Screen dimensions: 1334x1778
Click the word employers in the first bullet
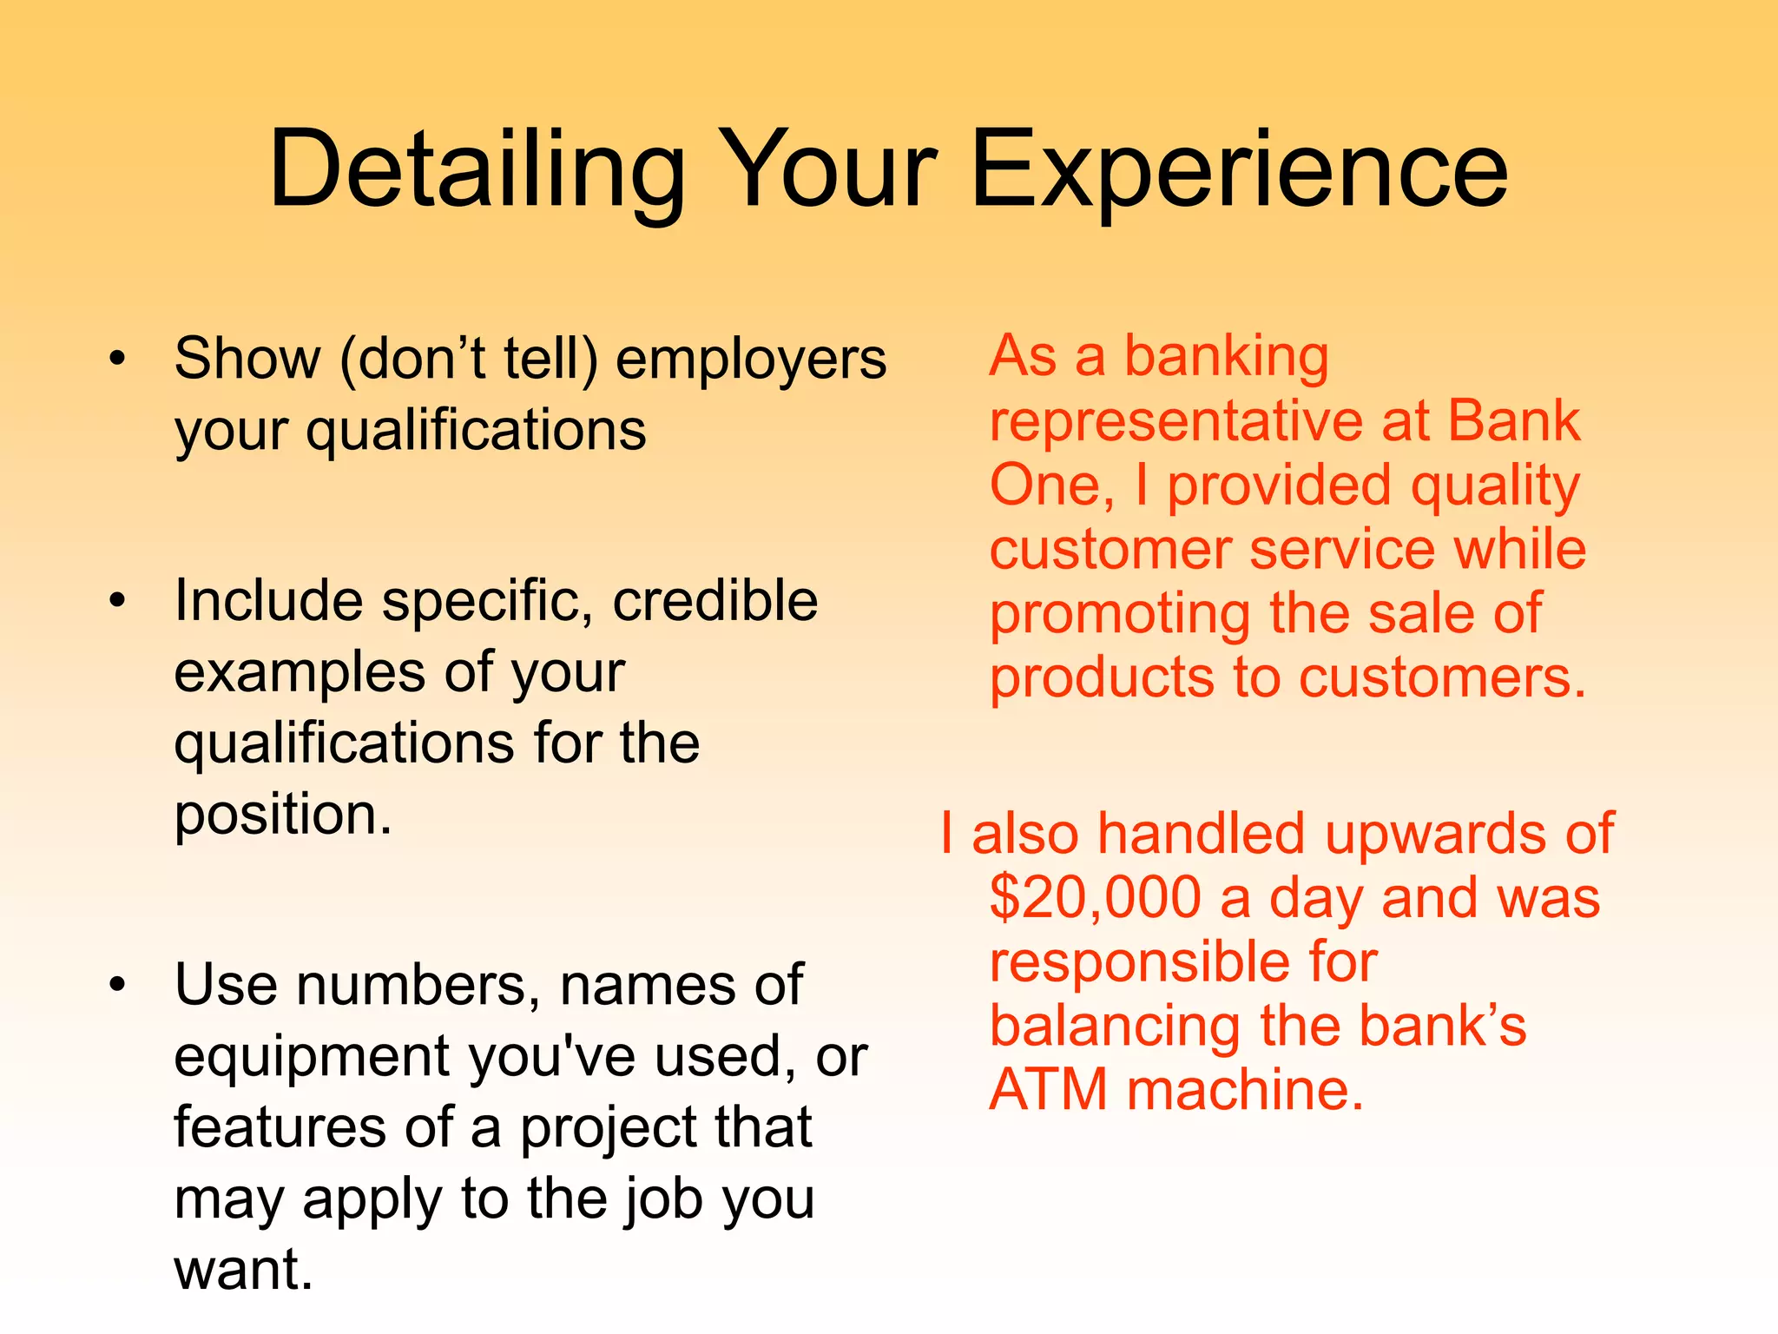(x=751, y=359)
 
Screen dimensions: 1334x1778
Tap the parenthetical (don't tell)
(x=469, y=359)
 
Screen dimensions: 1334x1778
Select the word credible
(x=714, y=600)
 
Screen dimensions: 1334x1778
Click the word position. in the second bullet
(x=283, y=815)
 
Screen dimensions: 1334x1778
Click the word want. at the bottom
(x=243, y=1269)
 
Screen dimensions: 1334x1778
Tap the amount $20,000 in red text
(x=1095, y=897)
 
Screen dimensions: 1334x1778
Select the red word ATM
(x=1048, y=1089)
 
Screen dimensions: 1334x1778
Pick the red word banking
(x=1226, y=356)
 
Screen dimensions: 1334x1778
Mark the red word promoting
(x=1120, y=613)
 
